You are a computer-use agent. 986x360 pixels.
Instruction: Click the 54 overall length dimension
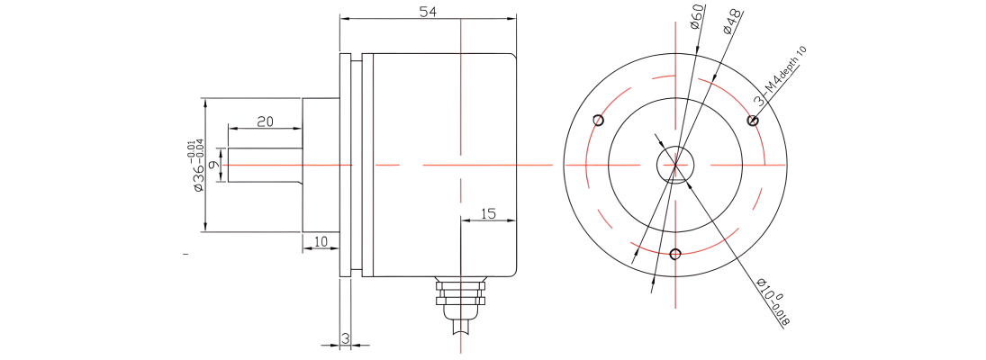coord(429,12)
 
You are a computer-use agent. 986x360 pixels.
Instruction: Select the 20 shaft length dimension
coord(265,121)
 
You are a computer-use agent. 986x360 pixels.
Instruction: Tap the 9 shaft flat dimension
coord(213,165)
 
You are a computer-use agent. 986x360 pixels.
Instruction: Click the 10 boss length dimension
coord(321,242)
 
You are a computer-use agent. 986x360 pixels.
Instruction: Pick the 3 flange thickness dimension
coord(345,338)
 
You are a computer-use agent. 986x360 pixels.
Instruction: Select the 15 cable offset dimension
coord(488,213)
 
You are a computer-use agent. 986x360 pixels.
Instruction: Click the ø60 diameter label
coord(697,17)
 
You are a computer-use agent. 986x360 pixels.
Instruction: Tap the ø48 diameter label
coord(732,22)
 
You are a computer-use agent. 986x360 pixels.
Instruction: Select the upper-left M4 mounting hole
coord(598,120)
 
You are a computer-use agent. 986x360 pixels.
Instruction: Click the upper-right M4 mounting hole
coord(752,120)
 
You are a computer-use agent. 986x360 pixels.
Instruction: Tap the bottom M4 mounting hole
coord(675,254)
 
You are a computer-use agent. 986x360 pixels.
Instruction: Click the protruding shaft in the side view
coord(265,165)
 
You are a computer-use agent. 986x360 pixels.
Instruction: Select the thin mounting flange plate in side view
coord(345,165)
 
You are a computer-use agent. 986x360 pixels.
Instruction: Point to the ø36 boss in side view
coord(321,165)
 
